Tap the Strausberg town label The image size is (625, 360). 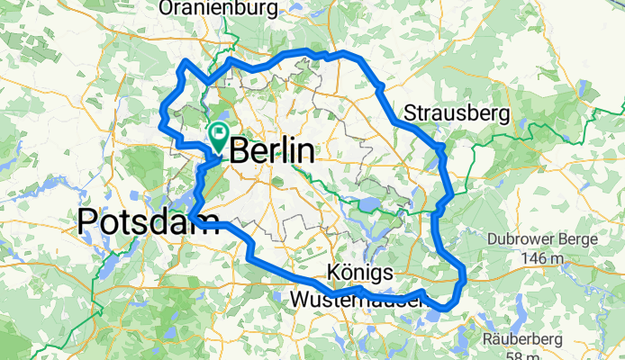[x=457, y=113]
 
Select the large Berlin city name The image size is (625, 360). [x=273, y=150]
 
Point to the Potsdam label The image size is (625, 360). [x=149, y=220]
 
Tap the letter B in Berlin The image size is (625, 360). [x=241, y=150]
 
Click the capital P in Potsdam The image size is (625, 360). [x=88, y=220]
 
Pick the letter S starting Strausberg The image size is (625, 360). [x=411, y=113]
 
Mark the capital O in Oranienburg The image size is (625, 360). [x=167, y=8]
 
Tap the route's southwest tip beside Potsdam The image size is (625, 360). [x=190, y=216]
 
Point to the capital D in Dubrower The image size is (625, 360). [x=492, y=240]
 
